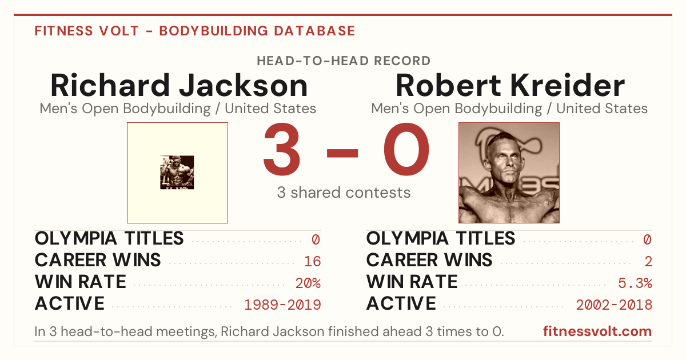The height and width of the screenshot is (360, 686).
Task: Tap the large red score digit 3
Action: [281, 149]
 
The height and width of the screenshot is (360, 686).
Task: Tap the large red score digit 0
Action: [406, 149]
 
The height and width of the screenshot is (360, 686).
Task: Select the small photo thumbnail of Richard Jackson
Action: [177, 173]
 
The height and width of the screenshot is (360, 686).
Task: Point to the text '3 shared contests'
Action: [344, 193]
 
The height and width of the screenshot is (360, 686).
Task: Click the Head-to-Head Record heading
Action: [344, 61]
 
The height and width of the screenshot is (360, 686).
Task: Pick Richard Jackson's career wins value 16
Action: [312, 261]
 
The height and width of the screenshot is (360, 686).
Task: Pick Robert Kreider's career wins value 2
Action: [648, 261]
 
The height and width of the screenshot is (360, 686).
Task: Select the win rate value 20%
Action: [308, 283]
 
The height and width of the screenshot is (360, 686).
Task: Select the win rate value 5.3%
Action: [635, 283]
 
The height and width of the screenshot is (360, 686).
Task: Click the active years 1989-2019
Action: [282, 305]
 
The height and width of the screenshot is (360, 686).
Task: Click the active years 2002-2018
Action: [614, 305]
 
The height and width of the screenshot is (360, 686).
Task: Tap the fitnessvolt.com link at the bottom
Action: [597, 331]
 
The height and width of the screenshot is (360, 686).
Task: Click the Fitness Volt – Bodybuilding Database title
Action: [195, 31]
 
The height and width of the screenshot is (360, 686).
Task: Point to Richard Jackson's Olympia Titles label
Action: [109, 238]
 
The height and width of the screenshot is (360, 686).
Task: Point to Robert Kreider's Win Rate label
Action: [412, 282]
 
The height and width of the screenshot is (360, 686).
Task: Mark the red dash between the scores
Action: [342, 153]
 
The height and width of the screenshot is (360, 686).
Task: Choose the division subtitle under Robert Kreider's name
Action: [509, 109]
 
